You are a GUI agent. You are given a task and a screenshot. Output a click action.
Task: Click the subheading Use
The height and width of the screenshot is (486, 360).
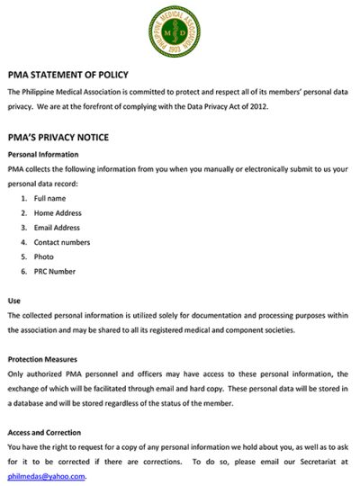[13, 300]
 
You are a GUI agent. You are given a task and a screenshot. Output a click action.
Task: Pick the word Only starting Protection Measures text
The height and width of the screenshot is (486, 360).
[16, 373]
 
